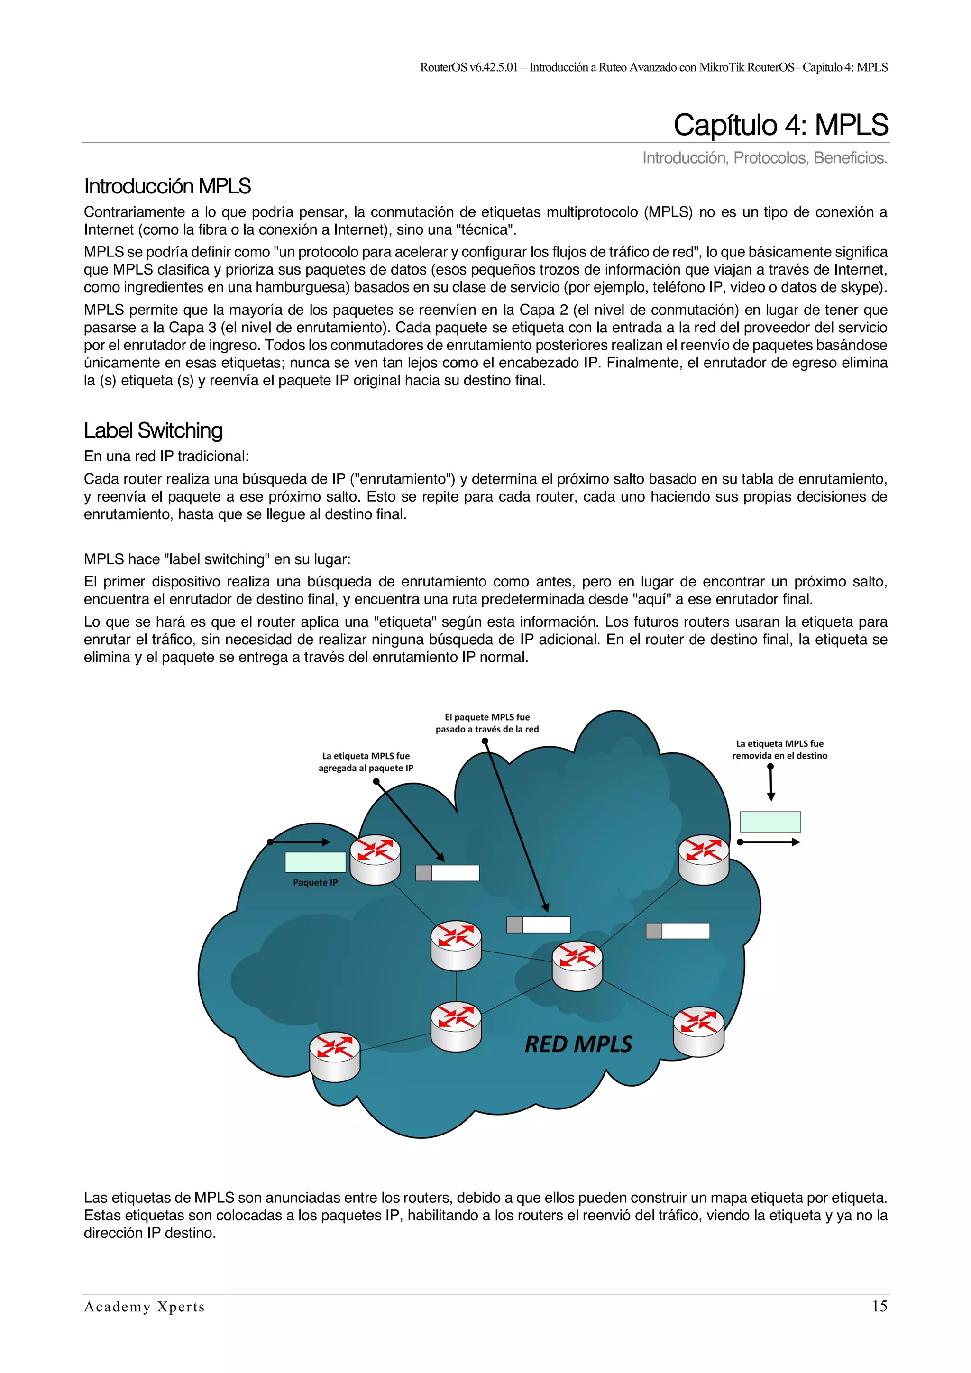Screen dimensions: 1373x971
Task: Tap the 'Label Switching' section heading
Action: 153,430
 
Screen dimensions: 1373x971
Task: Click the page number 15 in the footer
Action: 879,1306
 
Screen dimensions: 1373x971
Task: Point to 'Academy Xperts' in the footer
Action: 144,1307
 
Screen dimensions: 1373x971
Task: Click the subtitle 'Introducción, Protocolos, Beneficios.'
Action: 764,158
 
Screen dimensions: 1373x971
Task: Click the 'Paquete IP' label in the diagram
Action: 315,883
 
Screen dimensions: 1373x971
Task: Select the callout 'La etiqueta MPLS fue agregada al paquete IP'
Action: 366,762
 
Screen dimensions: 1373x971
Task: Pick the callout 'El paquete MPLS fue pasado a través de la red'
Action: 487,723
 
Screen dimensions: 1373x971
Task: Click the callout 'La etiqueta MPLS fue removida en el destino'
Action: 779,749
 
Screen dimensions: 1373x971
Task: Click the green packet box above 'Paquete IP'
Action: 315,862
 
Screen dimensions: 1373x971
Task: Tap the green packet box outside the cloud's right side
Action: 769,822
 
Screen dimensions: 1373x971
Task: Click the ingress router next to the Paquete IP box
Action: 375,860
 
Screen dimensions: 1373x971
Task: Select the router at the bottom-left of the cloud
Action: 335,1057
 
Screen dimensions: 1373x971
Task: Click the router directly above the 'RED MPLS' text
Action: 577,965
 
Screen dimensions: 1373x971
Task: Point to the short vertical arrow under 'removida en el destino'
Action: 771,783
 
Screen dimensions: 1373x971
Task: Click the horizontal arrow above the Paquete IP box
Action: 299,842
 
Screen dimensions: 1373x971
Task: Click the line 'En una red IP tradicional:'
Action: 166,456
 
